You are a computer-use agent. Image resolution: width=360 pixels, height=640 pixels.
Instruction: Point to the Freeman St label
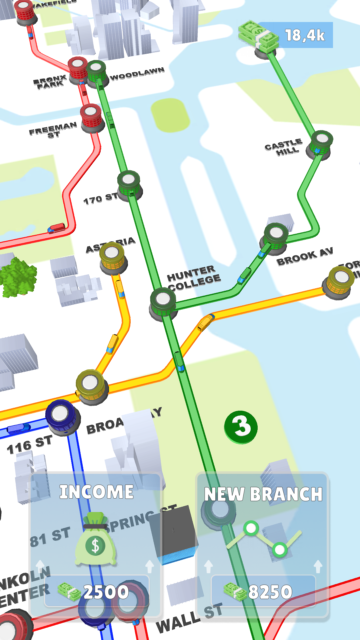click(x=53, y=130)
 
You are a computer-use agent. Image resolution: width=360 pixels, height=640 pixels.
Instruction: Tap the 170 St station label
click(x=100, y=199)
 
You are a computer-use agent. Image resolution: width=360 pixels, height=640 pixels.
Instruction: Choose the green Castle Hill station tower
click(x=321, y=143)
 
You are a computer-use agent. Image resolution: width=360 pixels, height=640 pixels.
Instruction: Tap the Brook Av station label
click(x=305, y=257)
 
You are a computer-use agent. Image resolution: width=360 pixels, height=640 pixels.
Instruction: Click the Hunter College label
click(x=193, y=278)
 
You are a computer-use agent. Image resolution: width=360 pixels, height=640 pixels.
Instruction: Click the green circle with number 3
click(x=241, y=427)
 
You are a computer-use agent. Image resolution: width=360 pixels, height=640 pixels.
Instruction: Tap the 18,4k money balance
click(x=304, y=35)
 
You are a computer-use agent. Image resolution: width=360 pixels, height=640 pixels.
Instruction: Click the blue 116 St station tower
click(x=61, y=417)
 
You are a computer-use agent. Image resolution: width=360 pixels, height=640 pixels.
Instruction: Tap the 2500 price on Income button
click(x=106, y=592)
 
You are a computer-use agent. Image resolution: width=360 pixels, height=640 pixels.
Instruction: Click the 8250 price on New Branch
click(x=270, y=592)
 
